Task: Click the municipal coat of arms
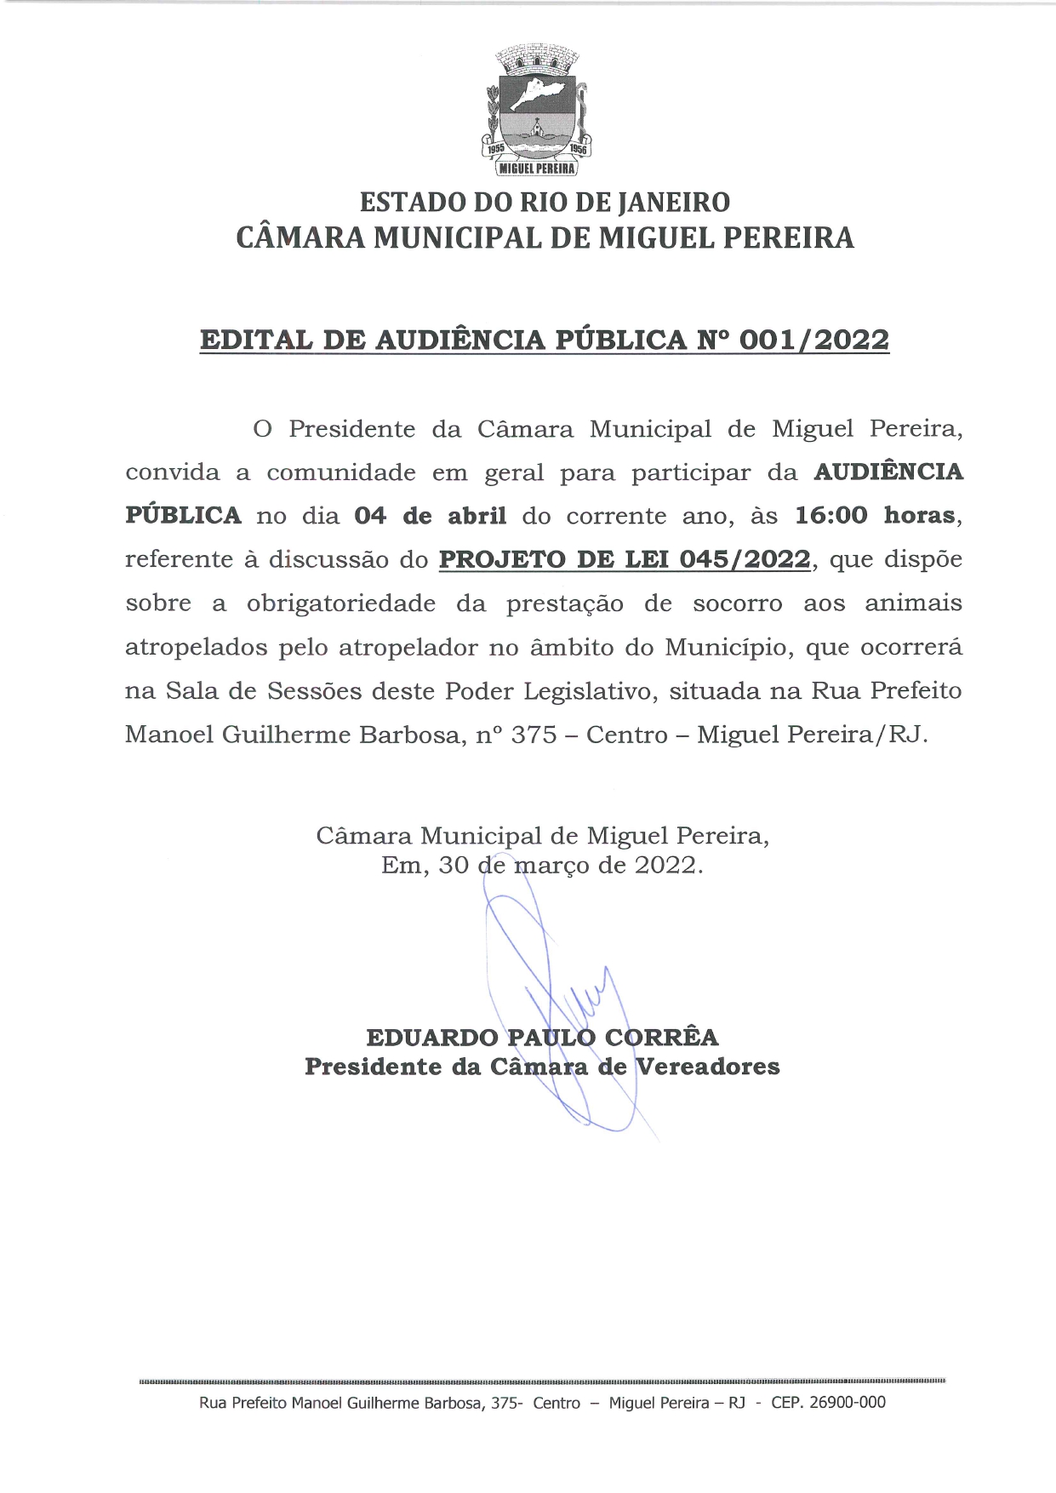click(537, 111)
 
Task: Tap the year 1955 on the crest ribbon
click(495, 148)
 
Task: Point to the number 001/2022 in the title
click(814, 340)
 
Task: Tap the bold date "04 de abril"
click(430, 516)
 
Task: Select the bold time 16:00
click(831, 516)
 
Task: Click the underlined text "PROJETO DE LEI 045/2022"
click(625, 559)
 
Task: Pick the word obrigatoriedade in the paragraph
click(341, 603)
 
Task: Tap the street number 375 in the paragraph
click(534, 735)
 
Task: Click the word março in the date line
click(551, 866)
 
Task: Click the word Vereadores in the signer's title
click(708, 1067)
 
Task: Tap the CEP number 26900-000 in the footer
click(847, 1402)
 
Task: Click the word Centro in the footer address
click(557, 1403)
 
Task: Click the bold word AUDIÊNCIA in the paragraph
click(888, 472)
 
